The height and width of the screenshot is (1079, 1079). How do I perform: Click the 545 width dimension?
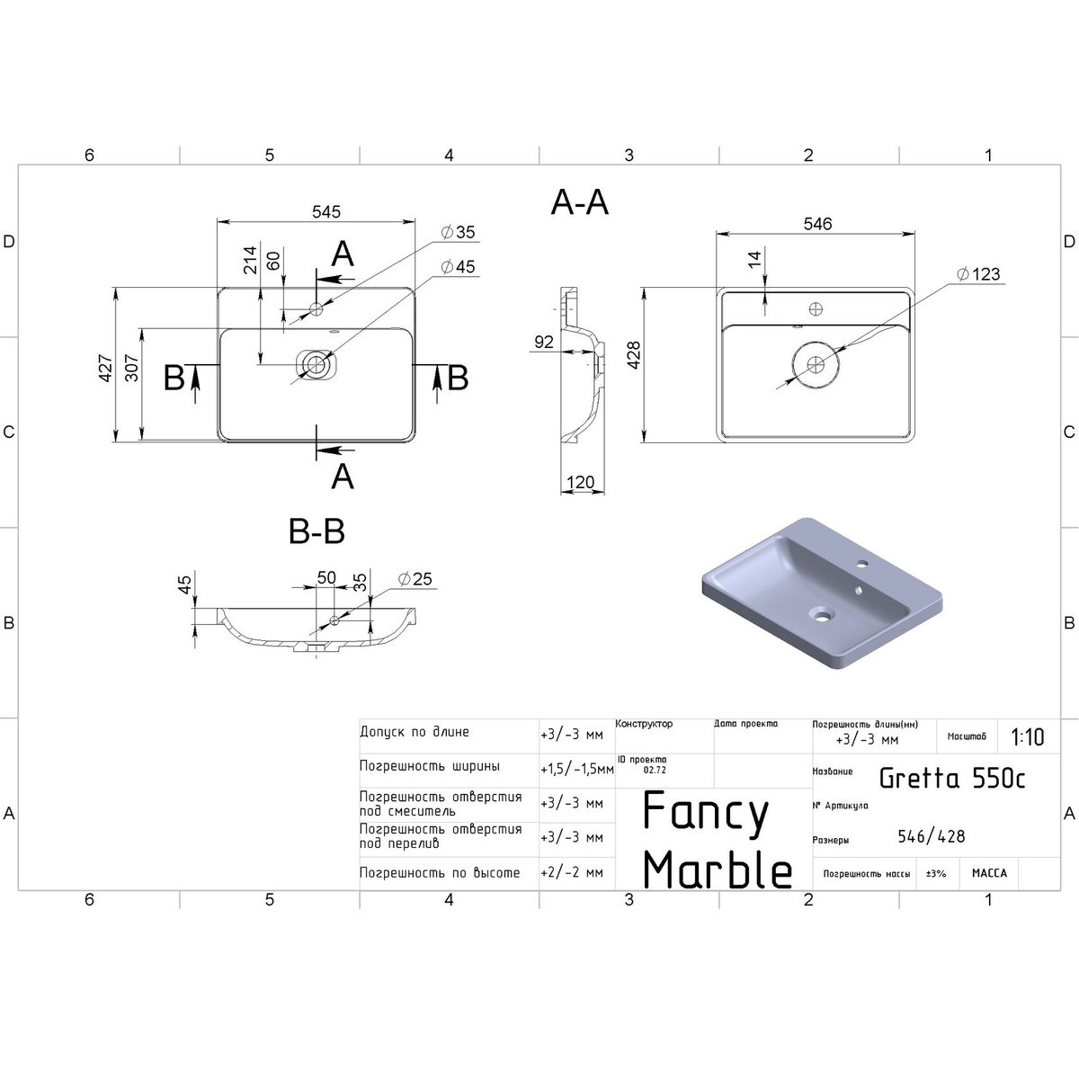[x=325, y=211]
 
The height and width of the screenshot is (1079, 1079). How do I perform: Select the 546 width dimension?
[x=817, y=224]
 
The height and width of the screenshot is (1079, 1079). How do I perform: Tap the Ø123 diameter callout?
[x=978, y=274]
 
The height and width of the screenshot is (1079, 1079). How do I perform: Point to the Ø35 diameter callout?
[x=458, y=232]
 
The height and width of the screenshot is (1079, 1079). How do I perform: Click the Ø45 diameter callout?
[x=458, y=266]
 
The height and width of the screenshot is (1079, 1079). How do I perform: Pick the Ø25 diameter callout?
[x=415, y=578]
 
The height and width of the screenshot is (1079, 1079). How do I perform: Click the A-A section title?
[x=580, y=202]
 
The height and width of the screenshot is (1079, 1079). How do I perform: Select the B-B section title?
[x=317, y=531]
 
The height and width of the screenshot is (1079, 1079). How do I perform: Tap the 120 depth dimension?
[x=580, y=482]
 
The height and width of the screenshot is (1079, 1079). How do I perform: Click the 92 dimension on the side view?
[x=543, y=342]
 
